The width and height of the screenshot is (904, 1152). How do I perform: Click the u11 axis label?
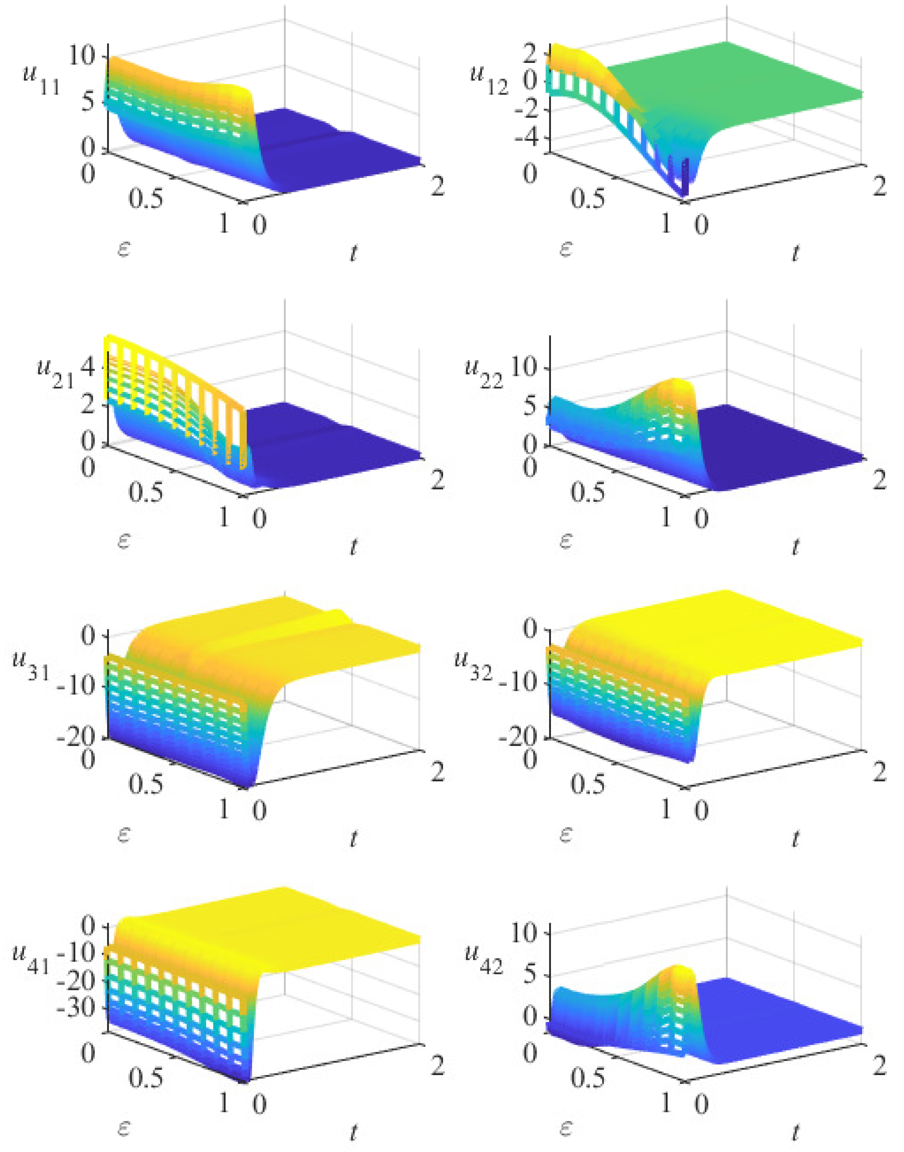(40, 80)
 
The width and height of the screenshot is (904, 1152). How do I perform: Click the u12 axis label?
(488, 80)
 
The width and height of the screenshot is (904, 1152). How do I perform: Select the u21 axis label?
(55, 374)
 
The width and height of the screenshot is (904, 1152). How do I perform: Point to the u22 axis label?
(484, 374)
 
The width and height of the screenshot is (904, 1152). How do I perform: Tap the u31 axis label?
(31, 666)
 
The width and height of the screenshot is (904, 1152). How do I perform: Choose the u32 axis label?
(473, 666)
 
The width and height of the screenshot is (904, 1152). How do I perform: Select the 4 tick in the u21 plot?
(88, 366)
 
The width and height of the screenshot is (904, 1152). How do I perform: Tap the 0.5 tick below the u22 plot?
(588, 491)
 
